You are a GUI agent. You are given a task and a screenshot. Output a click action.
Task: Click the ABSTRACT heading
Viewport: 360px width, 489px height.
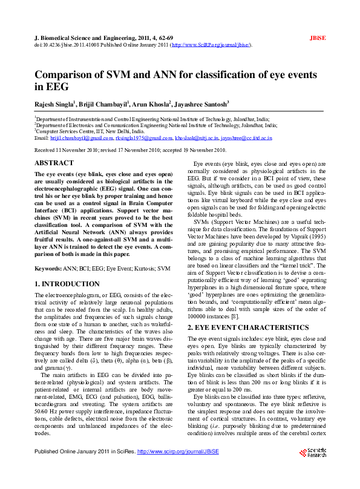click(54, 163)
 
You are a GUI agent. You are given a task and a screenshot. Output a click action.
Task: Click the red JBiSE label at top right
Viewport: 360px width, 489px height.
click(317, 37)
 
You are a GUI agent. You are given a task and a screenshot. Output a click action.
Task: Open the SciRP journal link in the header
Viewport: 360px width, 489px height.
click(211, 45)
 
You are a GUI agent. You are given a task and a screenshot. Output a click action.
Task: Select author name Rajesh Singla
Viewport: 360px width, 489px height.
click(54, 104)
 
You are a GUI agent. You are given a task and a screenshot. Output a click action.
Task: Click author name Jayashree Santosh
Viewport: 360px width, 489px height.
click(201, 104)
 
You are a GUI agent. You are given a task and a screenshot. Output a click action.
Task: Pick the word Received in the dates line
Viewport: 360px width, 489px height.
click(46, 149)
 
